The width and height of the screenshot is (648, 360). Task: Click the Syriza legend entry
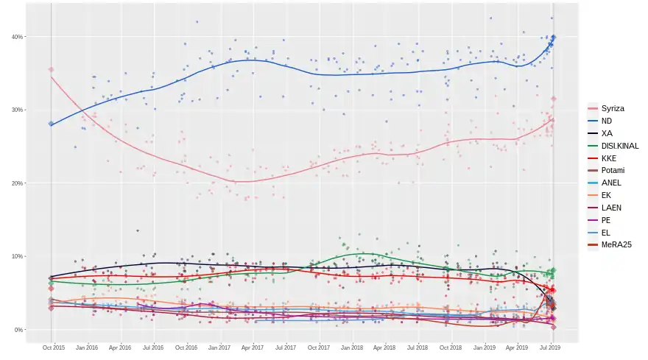tap(612, 108)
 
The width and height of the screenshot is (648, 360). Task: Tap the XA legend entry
tap(606, 133)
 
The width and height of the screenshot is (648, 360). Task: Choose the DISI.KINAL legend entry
tap(619, 146)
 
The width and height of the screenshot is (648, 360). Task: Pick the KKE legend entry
tap(608, 158)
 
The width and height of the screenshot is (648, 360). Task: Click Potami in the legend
tap(612, 171)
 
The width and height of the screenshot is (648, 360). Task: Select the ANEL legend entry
tap(610, 183)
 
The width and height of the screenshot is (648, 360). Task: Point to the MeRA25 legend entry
tap(616, 245)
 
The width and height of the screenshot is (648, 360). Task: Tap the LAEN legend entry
tap(610, 208)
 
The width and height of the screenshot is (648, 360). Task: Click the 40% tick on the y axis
tap(17, 37)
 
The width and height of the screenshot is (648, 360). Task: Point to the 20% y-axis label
tap(17, 183)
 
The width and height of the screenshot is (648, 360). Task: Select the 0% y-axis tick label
tap(18, 330)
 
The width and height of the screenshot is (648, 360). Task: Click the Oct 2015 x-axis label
tap(53, 347)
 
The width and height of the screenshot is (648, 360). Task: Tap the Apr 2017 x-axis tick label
tap(252, 347)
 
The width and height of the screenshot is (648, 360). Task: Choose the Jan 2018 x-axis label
tap(351, 347)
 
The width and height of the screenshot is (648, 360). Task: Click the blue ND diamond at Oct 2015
tap(51, 124)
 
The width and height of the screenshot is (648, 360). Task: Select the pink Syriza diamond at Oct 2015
tap(51, 69)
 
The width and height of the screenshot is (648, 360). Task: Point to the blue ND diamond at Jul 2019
tap(554, 37)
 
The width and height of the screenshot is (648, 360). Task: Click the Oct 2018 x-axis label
tap(451, 347)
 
